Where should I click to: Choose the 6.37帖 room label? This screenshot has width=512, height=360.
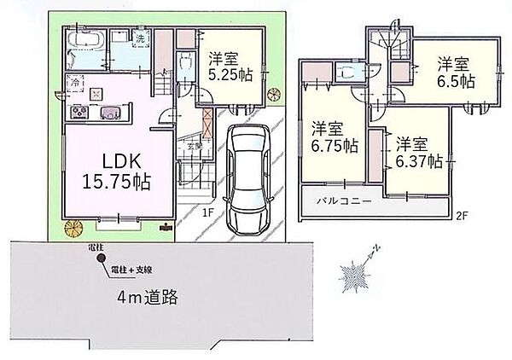(418, 151)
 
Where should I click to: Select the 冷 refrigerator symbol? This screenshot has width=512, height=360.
(75, 83)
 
